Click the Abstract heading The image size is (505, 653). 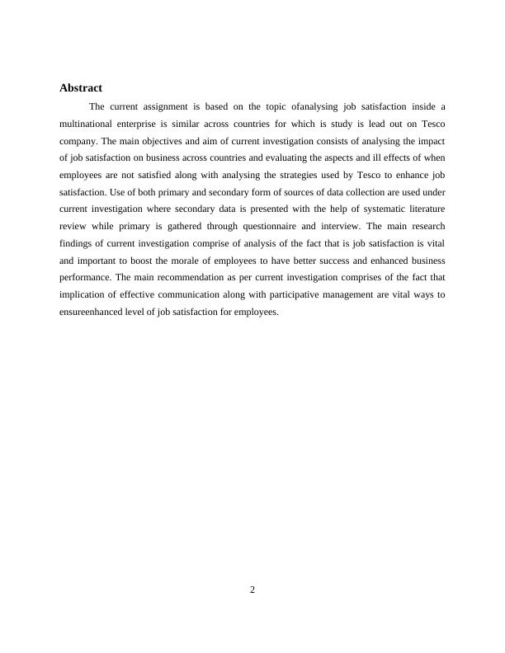point(81,87)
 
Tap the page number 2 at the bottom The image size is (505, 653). point(252,589)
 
